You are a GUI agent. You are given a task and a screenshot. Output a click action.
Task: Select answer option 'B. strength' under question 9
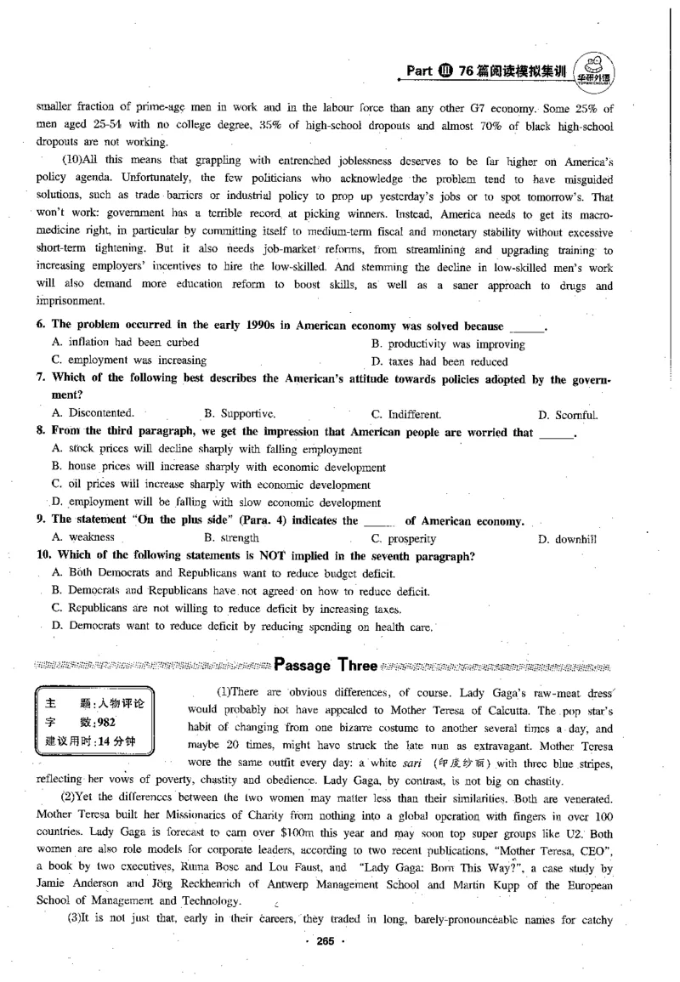click(231, 538)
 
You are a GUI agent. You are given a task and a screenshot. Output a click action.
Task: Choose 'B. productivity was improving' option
click(448, 344)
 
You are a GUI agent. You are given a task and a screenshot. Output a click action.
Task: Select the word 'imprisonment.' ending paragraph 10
click(71, 301)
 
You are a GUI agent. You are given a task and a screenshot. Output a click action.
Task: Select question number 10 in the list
click(42, 557)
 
